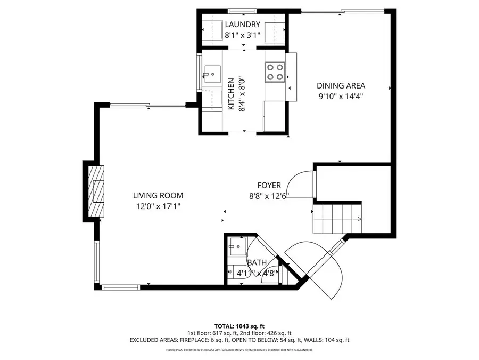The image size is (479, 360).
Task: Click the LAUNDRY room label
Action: [x=242, y=25]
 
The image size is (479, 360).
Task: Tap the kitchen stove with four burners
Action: [x=275, y=72]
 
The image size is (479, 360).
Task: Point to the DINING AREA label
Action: [x=341, y=85]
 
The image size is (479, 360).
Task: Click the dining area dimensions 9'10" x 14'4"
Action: [x=341, y=97]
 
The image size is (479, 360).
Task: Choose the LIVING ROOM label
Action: [x=158, y=196]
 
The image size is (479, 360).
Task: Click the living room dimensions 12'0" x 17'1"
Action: [x=158, y=206]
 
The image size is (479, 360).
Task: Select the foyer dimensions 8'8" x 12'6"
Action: [x=270, y=196]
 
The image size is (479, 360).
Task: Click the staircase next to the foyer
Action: [x=335, y=219]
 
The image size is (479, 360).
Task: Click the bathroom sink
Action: [x=235, y=246]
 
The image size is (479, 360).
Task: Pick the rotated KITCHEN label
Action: [x=231, y=94]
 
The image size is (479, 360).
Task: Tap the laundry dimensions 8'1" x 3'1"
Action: [x=242, y=36]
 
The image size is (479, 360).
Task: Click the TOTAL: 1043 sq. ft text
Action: [x=239, y=325]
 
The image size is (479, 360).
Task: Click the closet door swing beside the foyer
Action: [x=301, y=184]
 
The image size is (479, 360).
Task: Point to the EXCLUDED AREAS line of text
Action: [x=239, y=340]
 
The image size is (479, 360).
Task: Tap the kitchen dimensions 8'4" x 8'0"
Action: [x=242, y=94]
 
